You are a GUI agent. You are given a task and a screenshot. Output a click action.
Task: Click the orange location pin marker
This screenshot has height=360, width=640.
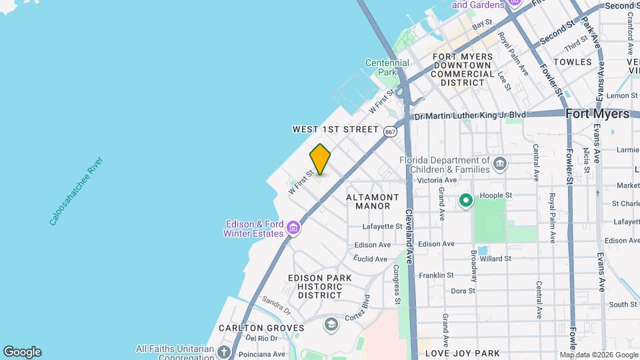point(320,159)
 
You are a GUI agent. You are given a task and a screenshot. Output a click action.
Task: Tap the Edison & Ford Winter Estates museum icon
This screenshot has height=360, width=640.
point(292,229)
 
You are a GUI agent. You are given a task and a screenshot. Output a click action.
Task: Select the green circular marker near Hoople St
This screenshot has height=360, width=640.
point(465,200)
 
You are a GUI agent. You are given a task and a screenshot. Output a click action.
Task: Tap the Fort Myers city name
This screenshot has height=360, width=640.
point(597,114)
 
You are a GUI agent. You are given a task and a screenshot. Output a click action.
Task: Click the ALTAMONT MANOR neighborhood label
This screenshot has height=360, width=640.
point(373,201)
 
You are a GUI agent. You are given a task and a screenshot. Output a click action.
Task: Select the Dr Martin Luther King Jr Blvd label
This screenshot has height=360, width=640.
point(470,115)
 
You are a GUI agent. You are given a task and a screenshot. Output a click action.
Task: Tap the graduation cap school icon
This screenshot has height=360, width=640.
point(330,324)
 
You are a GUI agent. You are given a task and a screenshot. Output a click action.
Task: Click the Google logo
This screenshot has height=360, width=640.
point(22,352)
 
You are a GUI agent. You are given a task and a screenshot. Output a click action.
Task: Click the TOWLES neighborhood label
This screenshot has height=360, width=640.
point(573,62)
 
